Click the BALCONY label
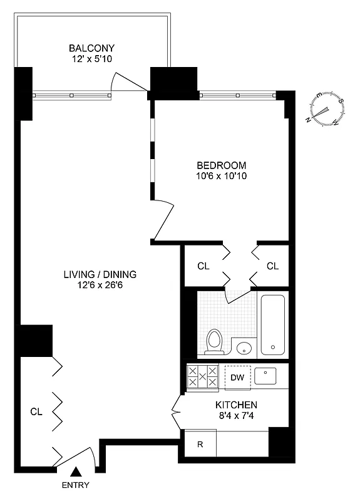click(91, 48)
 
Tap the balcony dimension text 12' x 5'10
click(91, 59)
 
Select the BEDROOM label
click(222, 165)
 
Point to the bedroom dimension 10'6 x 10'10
click(222, 177)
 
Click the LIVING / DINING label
click(100, 274)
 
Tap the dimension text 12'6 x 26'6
click(100, 286)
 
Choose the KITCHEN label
click(236, 405)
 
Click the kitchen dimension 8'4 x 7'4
click(236, 416)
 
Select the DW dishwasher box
click(237, 377)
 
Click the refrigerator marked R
click(200, 445)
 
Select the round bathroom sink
click(244, 348)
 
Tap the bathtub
click(272, 324)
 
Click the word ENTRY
click(75, 485)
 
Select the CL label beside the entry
click(36, 411)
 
